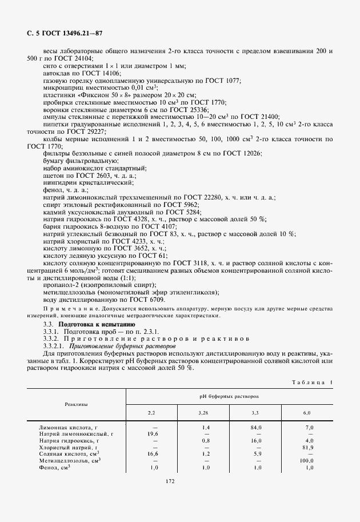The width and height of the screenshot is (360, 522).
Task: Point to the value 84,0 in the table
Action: click(x=256, y=427)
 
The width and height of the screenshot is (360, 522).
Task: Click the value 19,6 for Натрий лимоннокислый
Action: click(x=151, y=434)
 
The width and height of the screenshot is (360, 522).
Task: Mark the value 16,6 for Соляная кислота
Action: click(x=151, y=454)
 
